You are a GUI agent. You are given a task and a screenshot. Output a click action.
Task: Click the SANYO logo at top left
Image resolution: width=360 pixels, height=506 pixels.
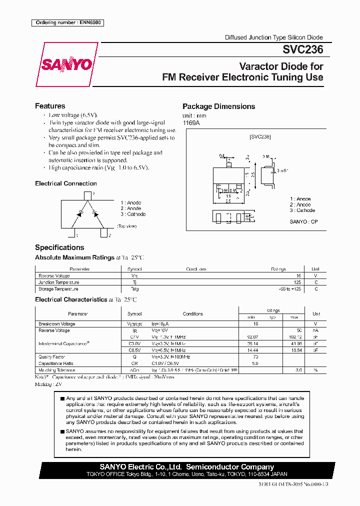click(66, 64)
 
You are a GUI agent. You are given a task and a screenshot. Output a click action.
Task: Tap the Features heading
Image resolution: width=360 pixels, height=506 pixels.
click(50, 106)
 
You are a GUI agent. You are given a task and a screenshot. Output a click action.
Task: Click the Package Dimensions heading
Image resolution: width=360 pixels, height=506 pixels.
click(218, 106)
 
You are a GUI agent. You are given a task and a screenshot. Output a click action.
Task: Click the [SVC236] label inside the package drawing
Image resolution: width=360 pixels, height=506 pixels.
click(260, 136)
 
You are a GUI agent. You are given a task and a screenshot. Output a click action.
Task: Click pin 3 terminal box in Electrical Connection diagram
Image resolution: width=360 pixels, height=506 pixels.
click(87, 195)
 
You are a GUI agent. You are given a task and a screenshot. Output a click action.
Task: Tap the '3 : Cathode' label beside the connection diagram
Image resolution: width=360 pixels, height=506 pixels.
click(133, 214)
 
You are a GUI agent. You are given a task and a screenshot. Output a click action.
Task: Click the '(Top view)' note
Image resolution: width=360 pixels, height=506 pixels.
click(127, 226)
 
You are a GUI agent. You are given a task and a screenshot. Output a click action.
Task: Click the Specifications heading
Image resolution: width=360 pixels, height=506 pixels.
click(59, 247)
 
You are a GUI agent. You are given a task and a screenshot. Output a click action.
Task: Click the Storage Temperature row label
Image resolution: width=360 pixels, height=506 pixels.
click(58, 289)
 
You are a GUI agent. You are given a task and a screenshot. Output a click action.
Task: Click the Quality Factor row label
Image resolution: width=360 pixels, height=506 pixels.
click(52, 356)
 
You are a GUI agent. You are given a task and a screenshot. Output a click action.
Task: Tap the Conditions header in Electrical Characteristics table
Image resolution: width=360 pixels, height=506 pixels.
click(192, 314)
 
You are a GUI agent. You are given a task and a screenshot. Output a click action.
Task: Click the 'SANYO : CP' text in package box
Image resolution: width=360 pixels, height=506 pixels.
click(303, 221)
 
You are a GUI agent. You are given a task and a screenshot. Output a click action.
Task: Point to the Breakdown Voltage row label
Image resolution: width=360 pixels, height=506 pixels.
click(57, 324)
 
